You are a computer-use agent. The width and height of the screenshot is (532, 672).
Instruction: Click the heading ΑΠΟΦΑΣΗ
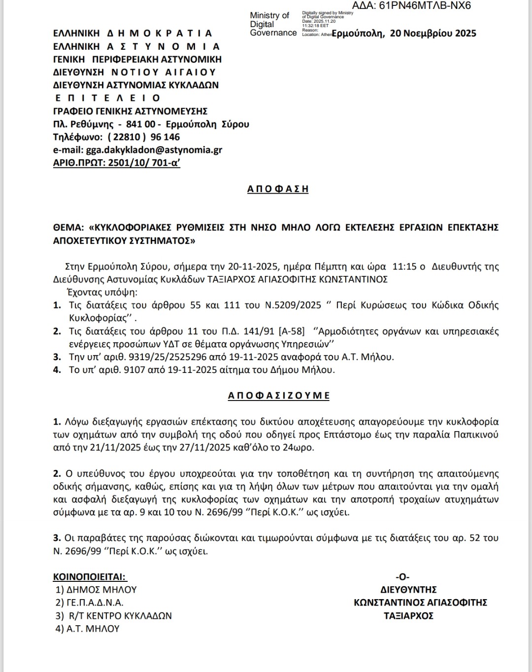[278, 189]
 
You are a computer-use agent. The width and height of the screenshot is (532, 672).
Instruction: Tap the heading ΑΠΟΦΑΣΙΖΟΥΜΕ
[279, 395]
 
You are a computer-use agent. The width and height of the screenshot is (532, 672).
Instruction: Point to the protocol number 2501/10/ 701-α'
[143, 163]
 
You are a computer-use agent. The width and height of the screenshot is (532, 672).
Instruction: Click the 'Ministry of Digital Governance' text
[272, 24]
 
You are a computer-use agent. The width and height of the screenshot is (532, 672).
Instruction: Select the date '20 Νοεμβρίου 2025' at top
[433, 34]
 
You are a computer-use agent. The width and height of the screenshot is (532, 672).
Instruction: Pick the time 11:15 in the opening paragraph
[402, 267]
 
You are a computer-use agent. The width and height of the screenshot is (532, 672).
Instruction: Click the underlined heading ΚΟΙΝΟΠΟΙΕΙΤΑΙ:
[90, 576]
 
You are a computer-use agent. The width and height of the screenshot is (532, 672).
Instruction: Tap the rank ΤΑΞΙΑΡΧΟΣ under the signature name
[408, 615]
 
